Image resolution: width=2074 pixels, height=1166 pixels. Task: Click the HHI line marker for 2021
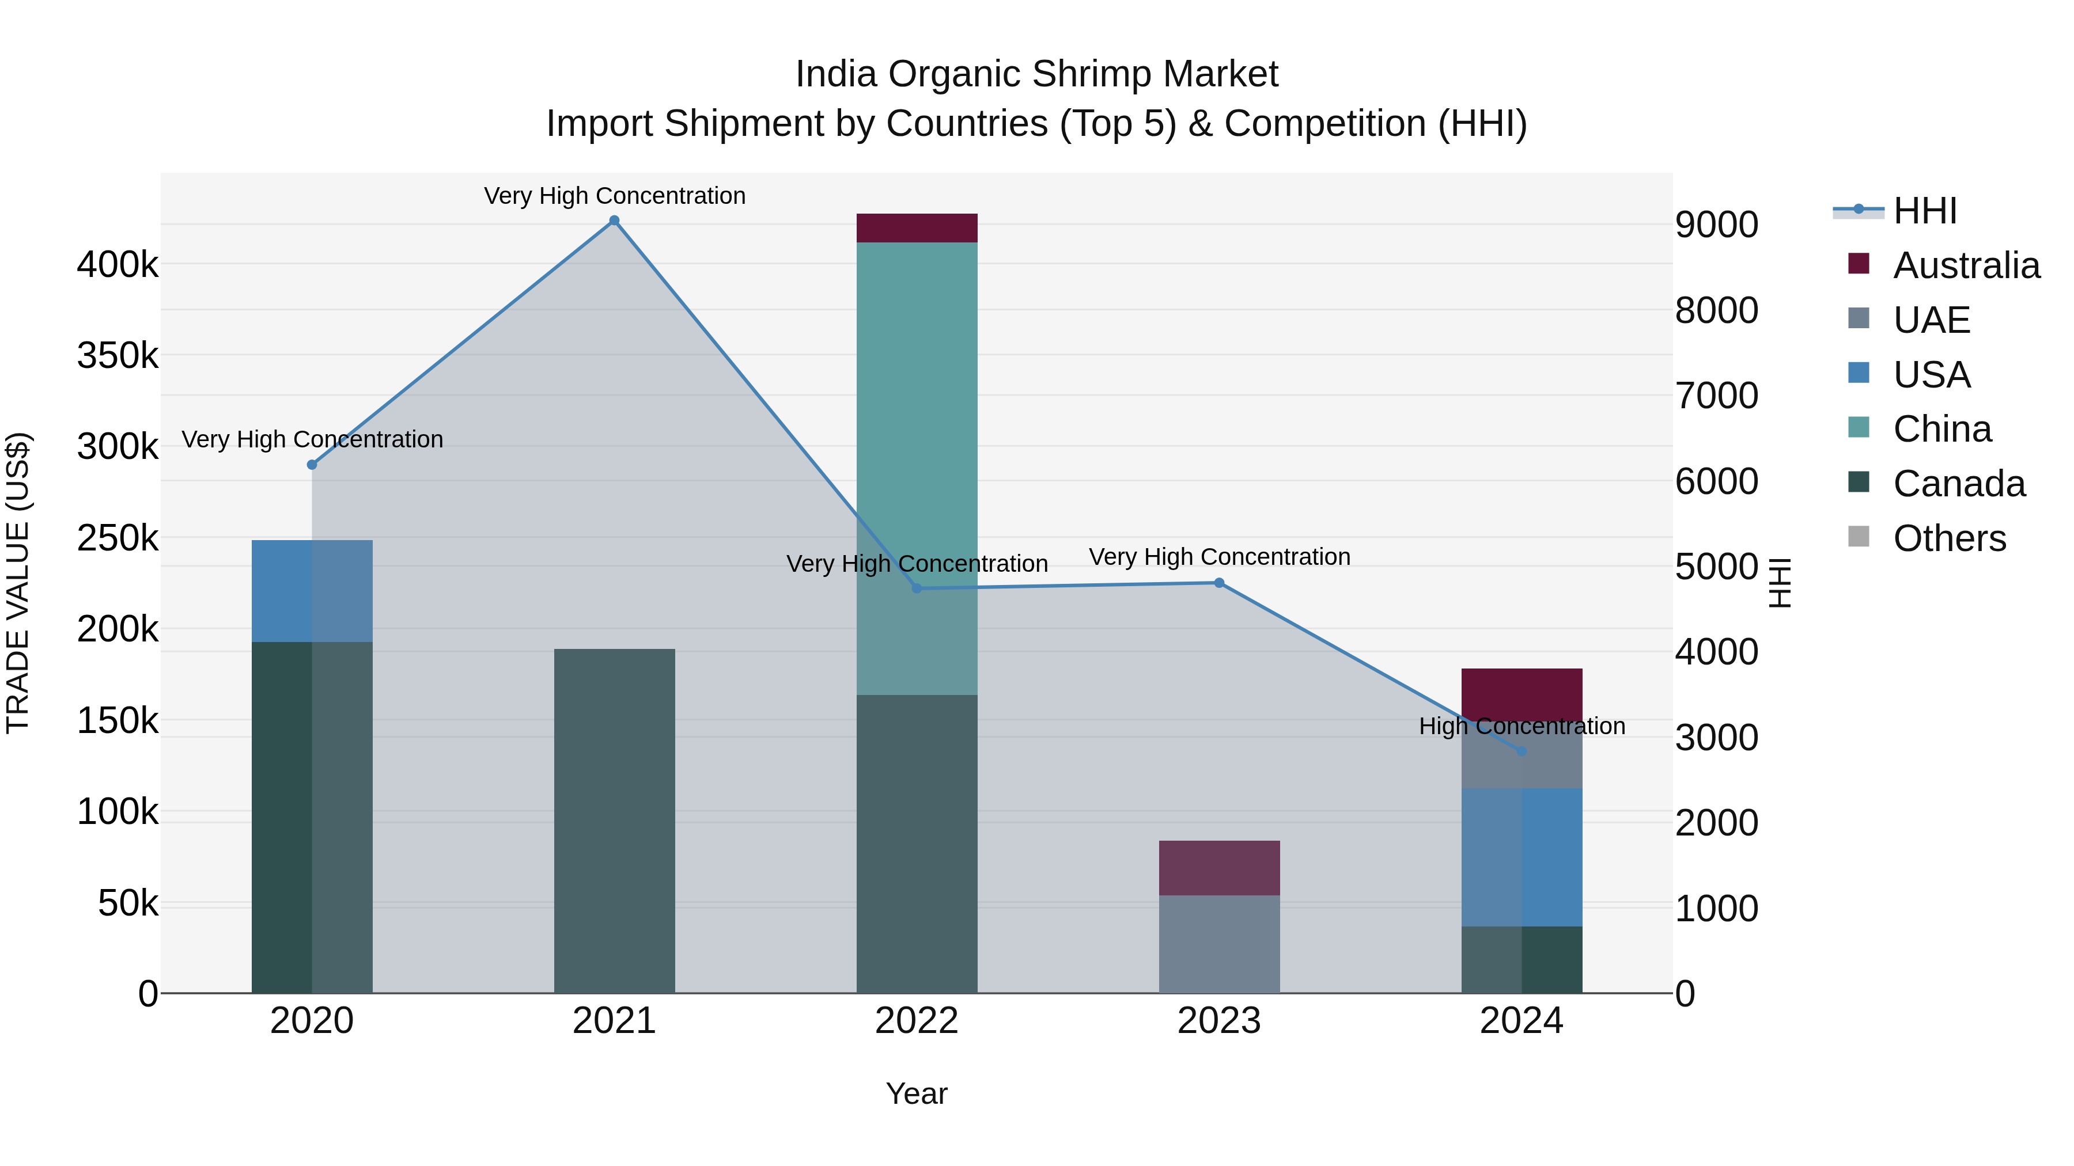614,221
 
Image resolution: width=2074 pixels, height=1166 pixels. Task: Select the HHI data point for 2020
312,464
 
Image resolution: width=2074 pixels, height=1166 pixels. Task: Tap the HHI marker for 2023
1219,583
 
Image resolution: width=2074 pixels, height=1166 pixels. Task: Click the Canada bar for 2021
614,821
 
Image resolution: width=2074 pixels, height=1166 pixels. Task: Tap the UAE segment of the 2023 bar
1219,943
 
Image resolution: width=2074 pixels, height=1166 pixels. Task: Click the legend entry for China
1941,429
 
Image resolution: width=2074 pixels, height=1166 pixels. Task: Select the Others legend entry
1948,538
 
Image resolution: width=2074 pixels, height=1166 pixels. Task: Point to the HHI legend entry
1924,211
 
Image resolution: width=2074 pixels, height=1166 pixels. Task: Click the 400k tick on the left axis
118,264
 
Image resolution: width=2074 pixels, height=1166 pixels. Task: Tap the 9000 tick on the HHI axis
1717,225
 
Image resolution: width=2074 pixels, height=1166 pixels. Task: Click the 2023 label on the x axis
1219,1021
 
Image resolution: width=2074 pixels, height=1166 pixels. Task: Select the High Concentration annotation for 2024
1522,726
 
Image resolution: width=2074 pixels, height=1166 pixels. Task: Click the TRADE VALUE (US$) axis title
18,583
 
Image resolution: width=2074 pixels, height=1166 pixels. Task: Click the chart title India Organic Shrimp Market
1036,74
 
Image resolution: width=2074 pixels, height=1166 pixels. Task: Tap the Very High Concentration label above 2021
614,196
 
